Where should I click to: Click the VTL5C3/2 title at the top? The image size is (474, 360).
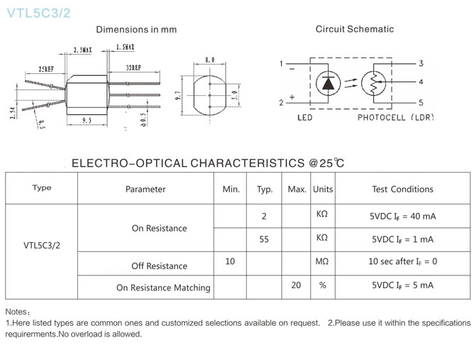point(38,13)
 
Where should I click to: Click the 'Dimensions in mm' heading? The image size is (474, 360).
point(136,30)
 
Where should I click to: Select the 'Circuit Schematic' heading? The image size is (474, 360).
point(355,29)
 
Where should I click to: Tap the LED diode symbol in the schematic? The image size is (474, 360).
point(327,84)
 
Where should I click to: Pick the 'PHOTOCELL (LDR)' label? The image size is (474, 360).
point(395,117)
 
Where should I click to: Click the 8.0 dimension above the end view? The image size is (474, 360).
point(210,60)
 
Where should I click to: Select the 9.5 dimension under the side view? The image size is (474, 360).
point(86,120)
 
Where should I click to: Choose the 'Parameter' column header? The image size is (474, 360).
point(145,189)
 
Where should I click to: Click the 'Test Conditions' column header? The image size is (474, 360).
point(402,189)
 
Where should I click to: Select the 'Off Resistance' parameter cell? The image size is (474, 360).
point(160,266)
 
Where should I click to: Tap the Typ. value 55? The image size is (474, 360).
point(264,239)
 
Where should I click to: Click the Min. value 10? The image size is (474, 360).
point(230,262)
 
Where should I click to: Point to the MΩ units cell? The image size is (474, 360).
point(322,262)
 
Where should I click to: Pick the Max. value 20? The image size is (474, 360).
point(297,285)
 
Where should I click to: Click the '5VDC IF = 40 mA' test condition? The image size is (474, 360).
point(403,216)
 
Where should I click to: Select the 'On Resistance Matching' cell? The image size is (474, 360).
point(164,288)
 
